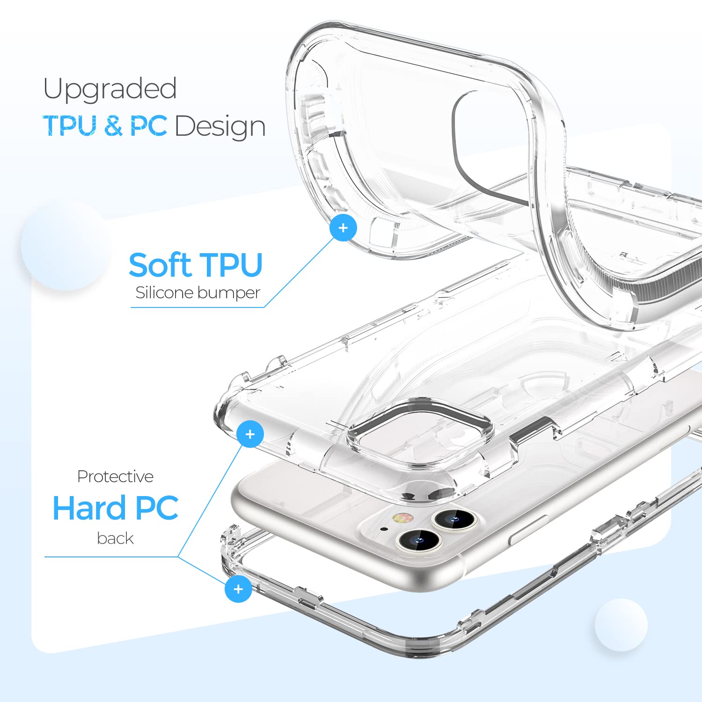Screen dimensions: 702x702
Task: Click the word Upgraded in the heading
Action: (110, 89)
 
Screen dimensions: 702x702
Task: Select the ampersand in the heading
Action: (114, 126)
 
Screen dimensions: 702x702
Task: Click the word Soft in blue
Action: (160, 265)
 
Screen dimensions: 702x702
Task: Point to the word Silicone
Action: (163, 292)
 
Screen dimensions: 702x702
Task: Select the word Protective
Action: (115, 476)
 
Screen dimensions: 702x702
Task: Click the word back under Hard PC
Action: (115, 538)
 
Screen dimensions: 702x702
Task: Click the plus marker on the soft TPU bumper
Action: (343, 228)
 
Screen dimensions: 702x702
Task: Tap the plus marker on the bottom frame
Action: (238, 589)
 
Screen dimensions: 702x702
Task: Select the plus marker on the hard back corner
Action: (250, 434)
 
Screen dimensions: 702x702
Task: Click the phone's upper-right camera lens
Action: (453, 519)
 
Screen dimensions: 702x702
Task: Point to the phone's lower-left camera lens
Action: (418, 541)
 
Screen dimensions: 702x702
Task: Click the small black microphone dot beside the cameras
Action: (384, 529)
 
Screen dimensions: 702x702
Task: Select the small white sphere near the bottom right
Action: (621, 624)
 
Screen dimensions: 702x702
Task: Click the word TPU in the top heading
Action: (70, 126)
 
